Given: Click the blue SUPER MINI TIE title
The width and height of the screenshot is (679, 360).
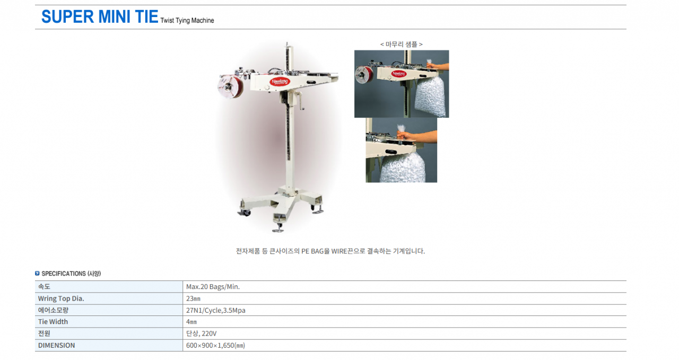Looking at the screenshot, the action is [x=100, y=16].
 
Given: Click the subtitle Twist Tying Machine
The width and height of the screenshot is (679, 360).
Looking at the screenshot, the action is [x=187, y=20].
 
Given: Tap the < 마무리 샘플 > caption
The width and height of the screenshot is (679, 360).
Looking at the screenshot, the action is [x=402, y=44].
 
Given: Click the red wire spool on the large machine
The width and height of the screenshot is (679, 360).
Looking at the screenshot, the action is [x=230, y=86].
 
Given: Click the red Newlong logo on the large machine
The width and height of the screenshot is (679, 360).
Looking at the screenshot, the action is [x=280, y=82].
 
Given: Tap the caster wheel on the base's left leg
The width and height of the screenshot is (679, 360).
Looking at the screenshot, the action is [x=245, y=213].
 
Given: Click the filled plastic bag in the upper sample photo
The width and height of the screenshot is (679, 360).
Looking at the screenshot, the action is [x=431, y=97].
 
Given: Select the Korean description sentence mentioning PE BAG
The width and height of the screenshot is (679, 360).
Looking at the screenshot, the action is [x=330, y=251].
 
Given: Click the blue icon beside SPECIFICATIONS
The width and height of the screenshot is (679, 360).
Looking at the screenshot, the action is [x=37, y=274].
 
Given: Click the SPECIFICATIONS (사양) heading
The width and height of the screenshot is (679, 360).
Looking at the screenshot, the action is [x=71, y=274].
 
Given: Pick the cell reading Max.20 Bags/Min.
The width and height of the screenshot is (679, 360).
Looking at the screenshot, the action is [x=213, y=287].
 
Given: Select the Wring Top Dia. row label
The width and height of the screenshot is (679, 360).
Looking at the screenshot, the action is [x=61, y=298].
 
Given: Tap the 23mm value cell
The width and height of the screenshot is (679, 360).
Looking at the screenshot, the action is [x=193, y=298].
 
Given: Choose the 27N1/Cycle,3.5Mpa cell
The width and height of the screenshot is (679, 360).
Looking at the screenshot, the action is [x=215, y=310].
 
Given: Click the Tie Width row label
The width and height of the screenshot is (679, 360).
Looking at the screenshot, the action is [x=53, y=322].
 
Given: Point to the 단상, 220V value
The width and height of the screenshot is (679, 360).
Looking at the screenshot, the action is [x=201, y=333].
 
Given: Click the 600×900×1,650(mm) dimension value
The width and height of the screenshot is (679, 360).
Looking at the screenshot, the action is [x=215, y=346].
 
